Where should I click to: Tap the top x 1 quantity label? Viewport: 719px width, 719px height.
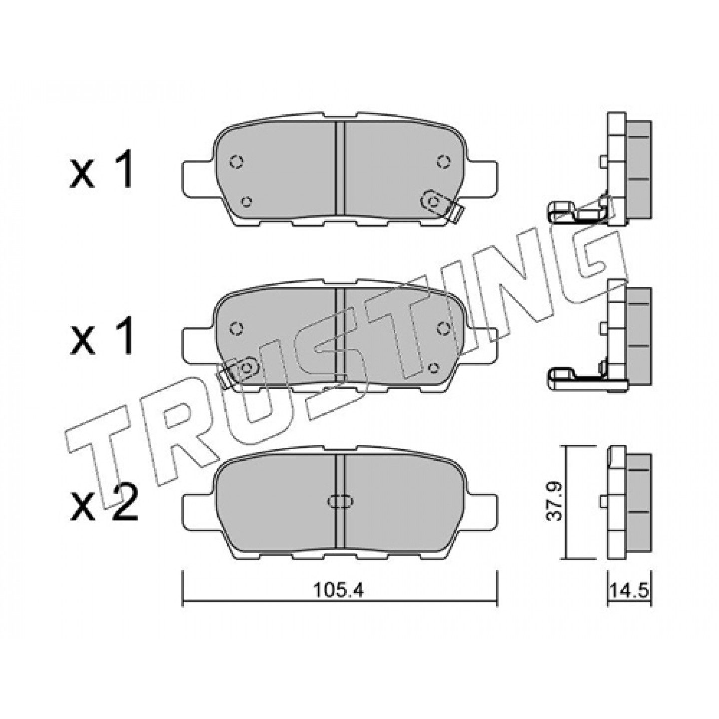pos(101,169)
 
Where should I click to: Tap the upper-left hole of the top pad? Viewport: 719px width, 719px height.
pos(236,162)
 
